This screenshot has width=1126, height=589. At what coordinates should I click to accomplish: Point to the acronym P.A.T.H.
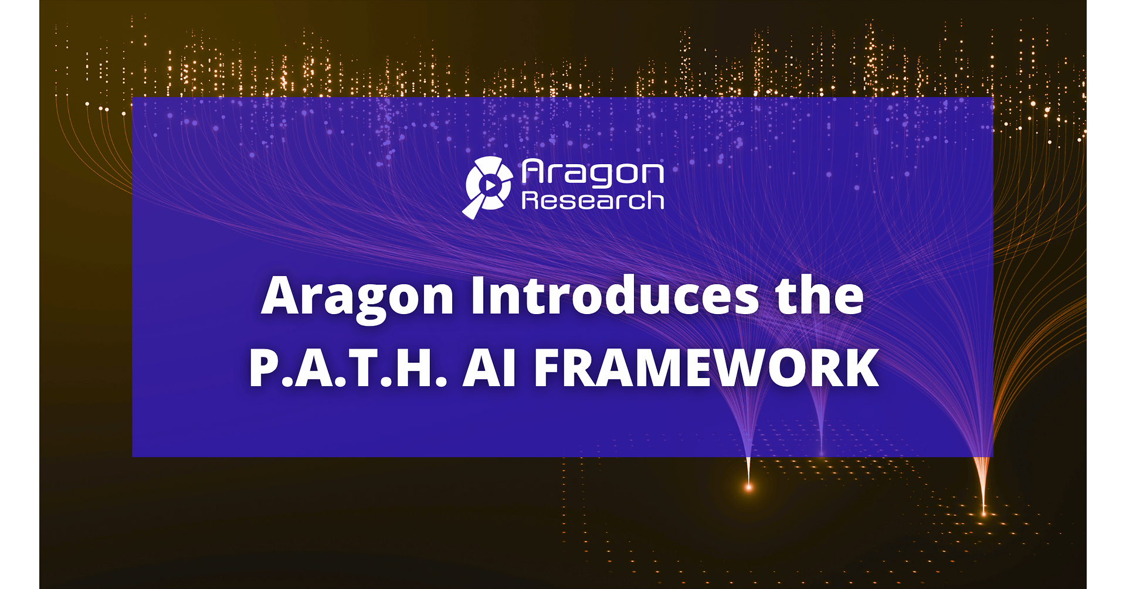tap(348, 368)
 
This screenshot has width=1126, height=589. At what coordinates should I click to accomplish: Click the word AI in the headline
tap(489, 368)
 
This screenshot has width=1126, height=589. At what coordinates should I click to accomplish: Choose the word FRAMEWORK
tap(707, 368)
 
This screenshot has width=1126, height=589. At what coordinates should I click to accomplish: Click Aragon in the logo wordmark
tap(593, 172)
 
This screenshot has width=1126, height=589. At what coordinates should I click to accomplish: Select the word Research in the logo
tap(593, 200)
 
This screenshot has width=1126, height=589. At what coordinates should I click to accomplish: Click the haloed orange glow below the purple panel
tap(748, 486)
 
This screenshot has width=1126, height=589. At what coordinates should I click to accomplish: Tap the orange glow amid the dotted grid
tap(984, 514)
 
